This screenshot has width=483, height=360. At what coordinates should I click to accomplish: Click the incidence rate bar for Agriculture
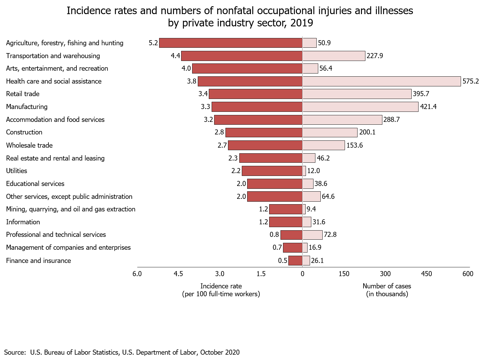coord(230,43)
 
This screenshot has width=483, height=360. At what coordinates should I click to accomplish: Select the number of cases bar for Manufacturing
coord(360,107)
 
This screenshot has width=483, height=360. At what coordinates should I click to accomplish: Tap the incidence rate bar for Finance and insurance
coord(295,260)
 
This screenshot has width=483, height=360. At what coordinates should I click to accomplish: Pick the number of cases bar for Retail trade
coord(357,94)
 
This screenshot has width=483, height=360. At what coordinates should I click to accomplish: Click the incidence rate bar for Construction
coord(264,132)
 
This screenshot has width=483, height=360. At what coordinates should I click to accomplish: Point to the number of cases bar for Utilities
coord(304,171)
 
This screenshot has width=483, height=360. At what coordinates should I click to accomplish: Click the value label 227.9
coord(375,56)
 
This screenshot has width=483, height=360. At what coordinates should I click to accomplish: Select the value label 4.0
coord(186,68)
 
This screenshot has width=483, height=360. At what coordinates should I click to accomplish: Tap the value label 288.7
coord(391,120)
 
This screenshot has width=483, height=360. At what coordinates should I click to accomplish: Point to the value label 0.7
coord(277,248)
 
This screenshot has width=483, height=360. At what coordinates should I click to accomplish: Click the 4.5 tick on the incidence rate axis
coord(178,274)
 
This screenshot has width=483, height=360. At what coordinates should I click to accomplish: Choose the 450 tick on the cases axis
coord(427,274)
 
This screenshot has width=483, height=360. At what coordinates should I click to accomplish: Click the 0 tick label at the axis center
coord(303,274)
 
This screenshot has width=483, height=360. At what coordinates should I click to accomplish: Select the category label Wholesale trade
coord(29,145)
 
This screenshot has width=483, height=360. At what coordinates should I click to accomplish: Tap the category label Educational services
coord(35,184)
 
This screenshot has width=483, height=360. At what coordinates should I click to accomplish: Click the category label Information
coord(23,222)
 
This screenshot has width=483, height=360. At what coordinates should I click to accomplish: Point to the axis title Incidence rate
coord(221,286)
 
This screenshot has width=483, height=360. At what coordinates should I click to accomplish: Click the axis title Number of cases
coord(387,286)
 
